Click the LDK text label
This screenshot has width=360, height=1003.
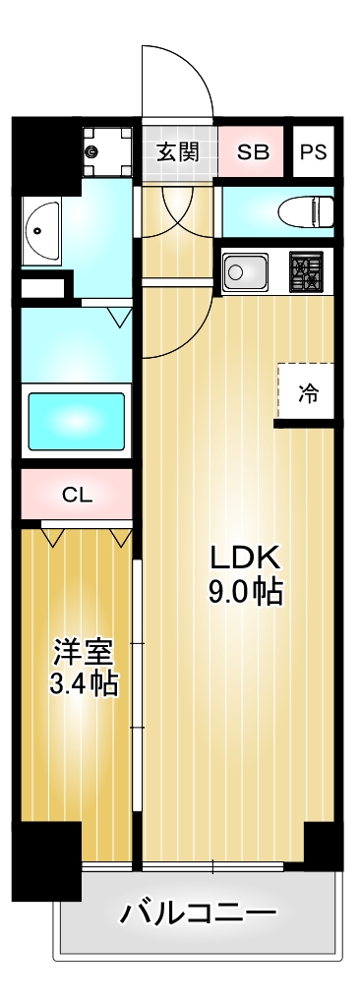244,558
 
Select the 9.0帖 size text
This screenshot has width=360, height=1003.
244,592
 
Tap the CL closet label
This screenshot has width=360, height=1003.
77,495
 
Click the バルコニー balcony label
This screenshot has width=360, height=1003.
198,914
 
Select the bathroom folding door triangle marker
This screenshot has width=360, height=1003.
119,316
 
